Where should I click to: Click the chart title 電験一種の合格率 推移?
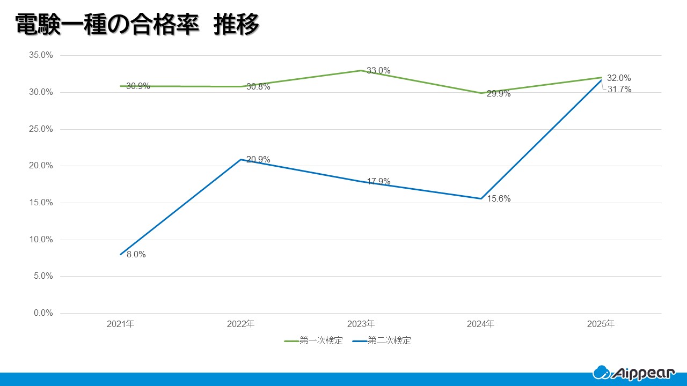pos(137,25)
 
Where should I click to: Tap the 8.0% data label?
pos(136,255)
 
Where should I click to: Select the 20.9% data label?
pos(258,160)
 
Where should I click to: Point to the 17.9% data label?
pos(378,181)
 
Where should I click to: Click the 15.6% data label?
pos(499,199)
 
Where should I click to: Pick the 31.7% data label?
pos(619,90)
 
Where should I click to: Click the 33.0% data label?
pos(378,71)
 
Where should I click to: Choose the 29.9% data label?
pos(499,94)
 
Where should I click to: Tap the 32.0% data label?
pos(619,78)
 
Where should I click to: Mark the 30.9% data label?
pos(138,86)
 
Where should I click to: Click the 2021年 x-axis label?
pos(121,324)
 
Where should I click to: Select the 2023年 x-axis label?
pos(361,324)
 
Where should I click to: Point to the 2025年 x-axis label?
pos(601,324)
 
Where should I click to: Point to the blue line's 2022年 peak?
pos(241,160)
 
